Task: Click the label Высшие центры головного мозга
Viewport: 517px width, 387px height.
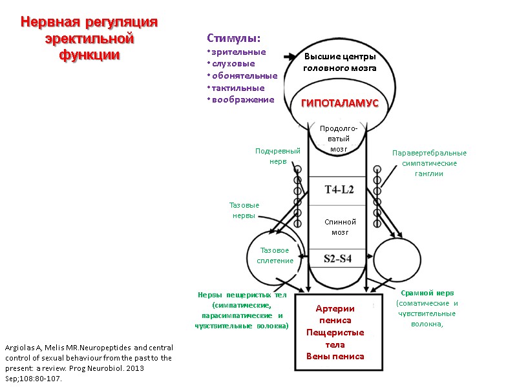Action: click(x=340, y=63)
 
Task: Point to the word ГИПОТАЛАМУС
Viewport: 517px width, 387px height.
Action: click(x=339, y=104)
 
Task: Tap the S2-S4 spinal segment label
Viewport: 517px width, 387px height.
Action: click(x=339, y=259)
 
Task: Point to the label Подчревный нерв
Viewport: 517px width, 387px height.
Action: click(x=277, y=155)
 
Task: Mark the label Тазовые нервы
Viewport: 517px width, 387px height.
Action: click(x=244, y=210)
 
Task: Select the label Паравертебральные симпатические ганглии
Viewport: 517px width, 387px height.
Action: click(x=429, y=163)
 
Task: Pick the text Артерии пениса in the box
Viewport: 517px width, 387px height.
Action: click(x=335, y=314)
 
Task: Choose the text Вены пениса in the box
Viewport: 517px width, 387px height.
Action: click(x=335, y=356)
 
